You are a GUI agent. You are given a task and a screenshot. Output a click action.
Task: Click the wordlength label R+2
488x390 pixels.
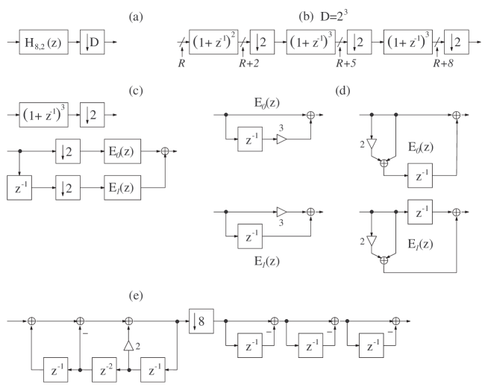point(248,64)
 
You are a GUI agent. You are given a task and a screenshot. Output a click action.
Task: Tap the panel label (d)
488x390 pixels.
point(342,92)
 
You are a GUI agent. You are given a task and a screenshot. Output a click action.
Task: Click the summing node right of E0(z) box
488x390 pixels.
point(166,151)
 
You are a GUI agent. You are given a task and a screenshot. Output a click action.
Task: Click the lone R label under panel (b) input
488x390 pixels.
point(182,64)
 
